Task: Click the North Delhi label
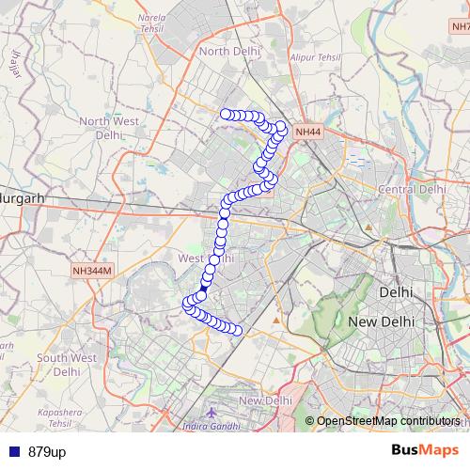click(227, 51)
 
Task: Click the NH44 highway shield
click(307, 133)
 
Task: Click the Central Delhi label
click(411, 189)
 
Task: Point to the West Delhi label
click(205, 258)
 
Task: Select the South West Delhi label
click(67, 365)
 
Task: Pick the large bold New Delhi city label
click(382, 321)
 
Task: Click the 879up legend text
click(47, 452)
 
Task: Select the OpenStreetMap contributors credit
click(388, 421)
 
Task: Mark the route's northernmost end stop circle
click(226, 115)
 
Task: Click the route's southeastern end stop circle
click(238, 330)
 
